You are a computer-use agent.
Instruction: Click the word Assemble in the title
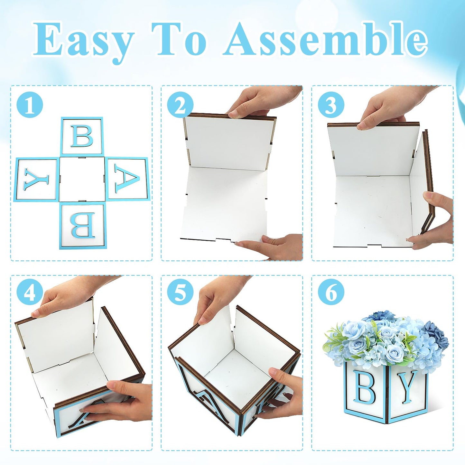point(325,39)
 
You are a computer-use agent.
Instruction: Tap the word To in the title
point(179,39)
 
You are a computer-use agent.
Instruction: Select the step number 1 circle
point(30,105)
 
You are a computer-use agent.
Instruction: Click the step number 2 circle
point(180,105)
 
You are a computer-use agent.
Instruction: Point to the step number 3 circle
point(331,105)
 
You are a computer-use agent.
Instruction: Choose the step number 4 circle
point(30,295)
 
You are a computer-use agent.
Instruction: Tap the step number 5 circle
point(180,295)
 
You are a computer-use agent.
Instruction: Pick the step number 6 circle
point(331,295)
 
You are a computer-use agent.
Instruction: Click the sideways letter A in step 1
point(127,179)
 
